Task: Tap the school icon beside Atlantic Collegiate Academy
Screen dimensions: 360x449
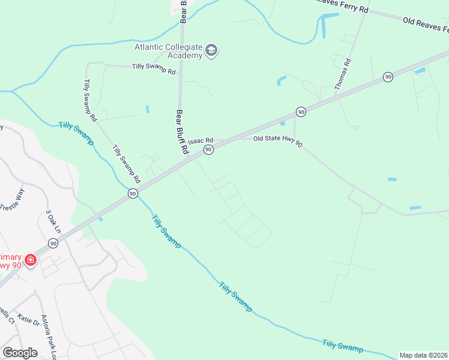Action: click(x=211, y=50)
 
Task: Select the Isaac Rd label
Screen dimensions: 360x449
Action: click(x=200, y=140)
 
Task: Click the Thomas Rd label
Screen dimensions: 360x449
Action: click(x=342, y=74)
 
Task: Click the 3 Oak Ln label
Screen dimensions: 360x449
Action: click(x=54, y=221)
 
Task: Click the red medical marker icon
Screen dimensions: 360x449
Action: click(x=30, y=260)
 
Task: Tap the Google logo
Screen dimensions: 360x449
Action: click(x=20, y=353)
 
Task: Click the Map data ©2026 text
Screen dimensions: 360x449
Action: click(x=424, y=355)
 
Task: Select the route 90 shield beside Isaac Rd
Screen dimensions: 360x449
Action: click(x=208, y=149)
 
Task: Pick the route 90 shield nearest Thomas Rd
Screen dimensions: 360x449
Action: click(x=388, y=77)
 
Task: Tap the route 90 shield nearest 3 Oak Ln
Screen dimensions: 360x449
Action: click(x=53, y=243)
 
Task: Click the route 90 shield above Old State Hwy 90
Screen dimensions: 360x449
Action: click(x=301, y=112)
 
